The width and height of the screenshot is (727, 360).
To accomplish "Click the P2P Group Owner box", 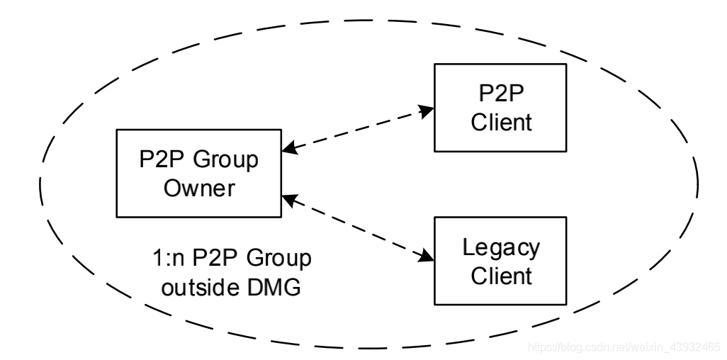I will click(x=198, y=173).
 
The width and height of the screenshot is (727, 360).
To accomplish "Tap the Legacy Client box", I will click(x=500, y=260).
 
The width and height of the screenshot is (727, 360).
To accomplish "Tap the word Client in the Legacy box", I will click(x=500, y=275).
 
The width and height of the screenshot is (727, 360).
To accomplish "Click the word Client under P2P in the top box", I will click(x=500, y=122).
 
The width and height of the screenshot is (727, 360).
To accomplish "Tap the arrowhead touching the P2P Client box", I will click(x=426, y=110).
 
